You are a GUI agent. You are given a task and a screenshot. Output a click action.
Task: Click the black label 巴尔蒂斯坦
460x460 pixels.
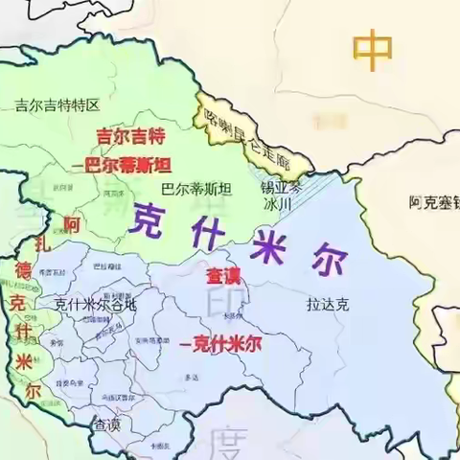[196, 189]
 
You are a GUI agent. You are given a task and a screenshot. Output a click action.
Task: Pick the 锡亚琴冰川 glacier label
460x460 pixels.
[282, 196]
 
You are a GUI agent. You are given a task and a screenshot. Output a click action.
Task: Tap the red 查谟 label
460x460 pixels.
[224, 276]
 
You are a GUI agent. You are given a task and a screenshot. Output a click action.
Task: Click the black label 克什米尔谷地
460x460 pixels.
[95, 304]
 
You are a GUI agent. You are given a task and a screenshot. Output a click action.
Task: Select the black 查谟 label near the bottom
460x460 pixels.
[106, 423]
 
